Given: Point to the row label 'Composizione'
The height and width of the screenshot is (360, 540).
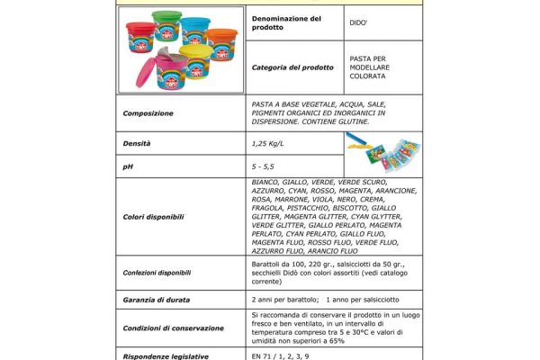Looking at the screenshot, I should point(148,112).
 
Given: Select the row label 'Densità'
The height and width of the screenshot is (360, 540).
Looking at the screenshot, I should point(137,143).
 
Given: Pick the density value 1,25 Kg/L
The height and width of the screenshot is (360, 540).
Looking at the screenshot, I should point(267,143).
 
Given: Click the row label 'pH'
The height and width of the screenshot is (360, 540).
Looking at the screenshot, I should point(128,166).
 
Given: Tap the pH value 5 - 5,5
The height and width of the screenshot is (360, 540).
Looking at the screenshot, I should point(265,166).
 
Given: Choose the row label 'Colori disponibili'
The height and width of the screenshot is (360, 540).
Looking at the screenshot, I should point(153,217).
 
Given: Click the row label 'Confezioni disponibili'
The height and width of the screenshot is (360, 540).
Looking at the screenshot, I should point(157,272).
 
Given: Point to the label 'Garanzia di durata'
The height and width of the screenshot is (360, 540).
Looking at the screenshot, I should point(157,300).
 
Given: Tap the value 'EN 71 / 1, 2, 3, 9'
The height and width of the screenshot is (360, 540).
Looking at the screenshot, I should point(281,356).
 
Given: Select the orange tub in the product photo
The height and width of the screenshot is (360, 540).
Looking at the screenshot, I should point(222,42).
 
